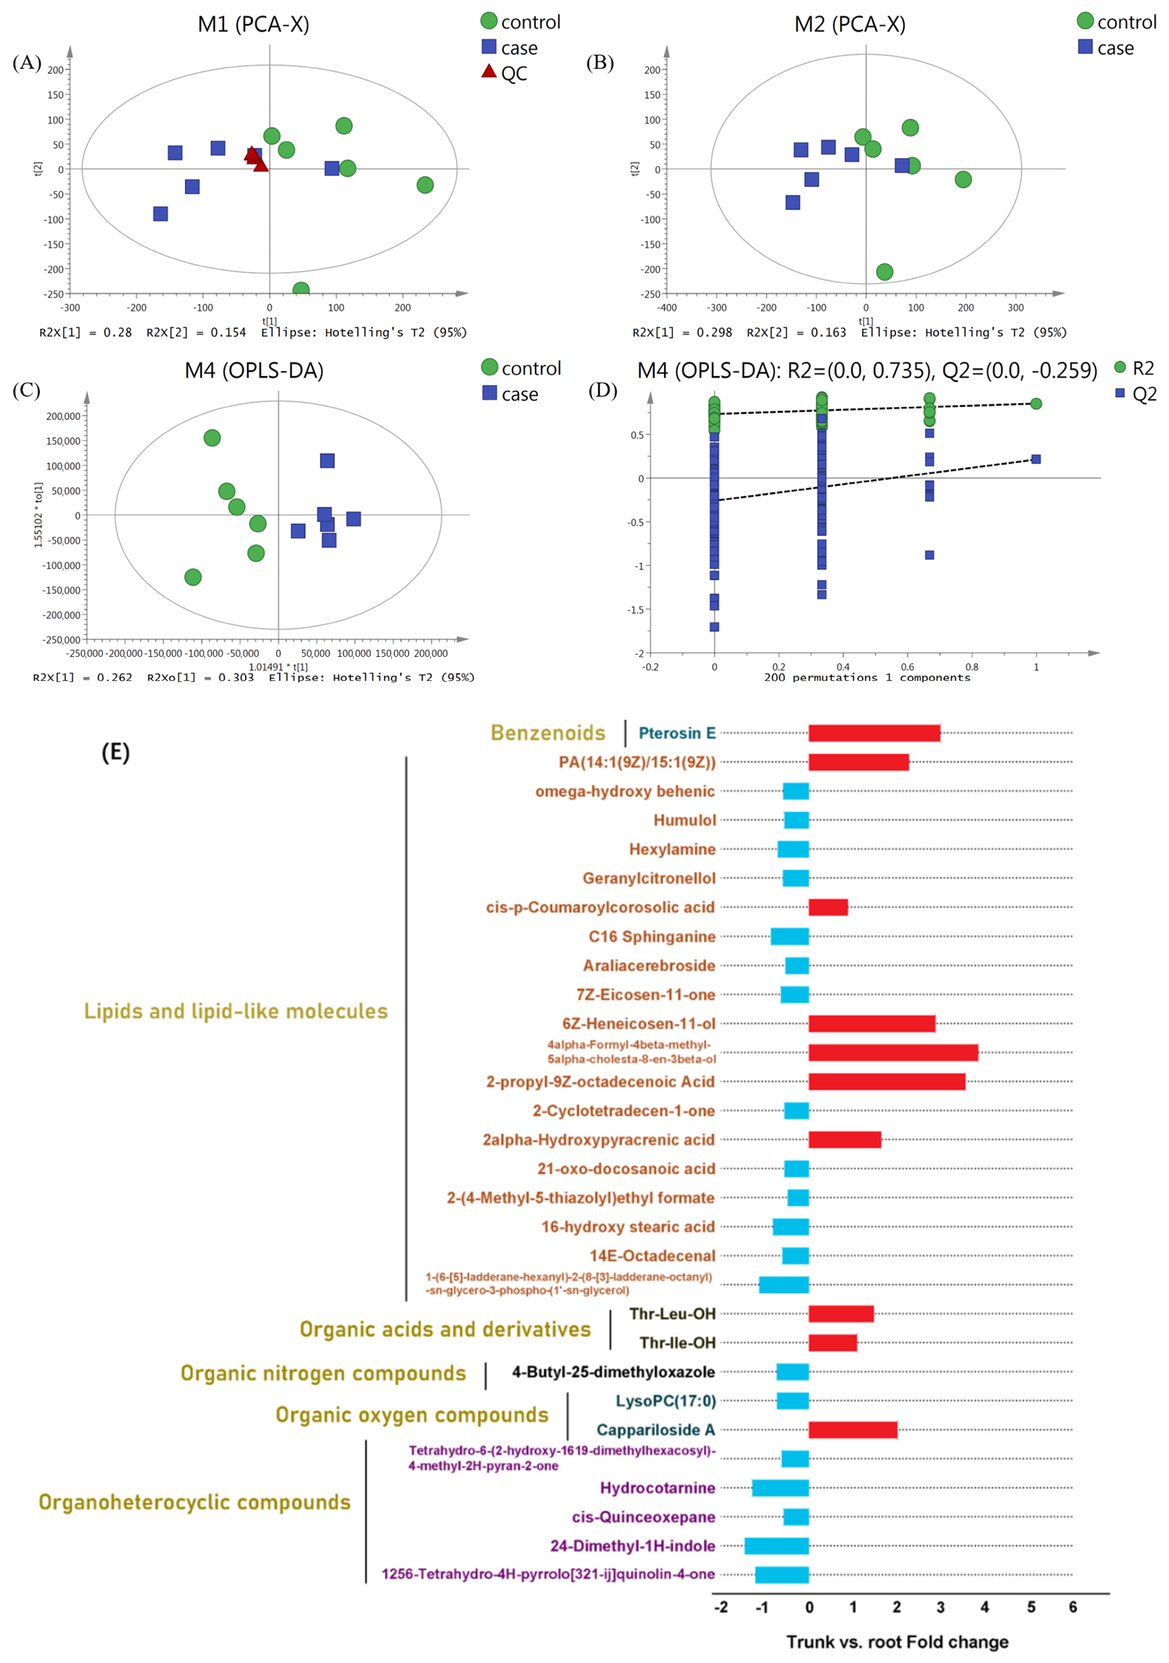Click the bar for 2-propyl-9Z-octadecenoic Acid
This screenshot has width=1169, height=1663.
(x=887, y=1081)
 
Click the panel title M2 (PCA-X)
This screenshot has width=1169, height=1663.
(x=849, y=24)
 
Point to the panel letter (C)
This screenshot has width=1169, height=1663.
(x=26, y=390)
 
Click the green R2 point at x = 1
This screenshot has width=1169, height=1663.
(x=1036, y=404)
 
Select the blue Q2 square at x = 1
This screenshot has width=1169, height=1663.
(x=1036, y=459)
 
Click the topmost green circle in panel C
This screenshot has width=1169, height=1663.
(x=212, y=437)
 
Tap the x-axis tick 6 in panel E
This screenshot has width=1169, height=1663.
(x=1073, y=1607)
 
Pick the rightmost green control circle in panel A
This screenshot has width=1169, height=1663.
(x=425, y=185)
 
